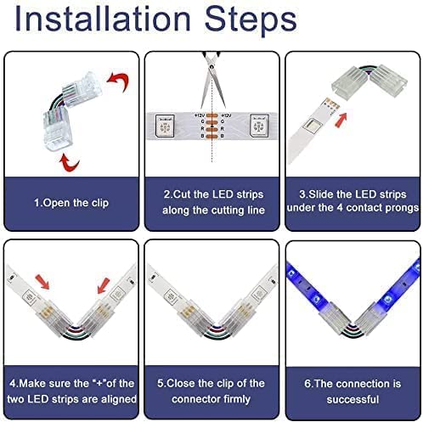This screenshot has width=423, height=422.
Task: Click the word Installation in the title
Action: coord(103,20)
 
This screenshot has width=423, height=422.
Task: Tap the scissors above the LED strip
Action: coord(212,79)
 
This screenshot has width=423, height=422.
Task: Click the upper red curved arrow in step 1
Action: coord(118,81)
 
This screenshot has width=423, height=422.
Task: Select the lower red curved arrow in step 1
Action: coord(69,163)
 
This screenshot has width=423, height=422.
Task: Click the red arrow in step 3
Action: coord(341,120)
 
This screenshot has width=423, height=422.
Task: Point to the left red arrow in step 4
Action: coord(42,282)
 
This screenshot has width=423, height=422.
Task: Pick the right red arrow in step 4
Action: coord(104,285)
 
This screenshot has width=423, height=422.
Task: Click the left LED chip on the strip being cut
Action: coord(165,126)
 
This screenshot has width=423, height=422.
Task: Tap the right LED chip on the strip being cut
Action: coord(259,126)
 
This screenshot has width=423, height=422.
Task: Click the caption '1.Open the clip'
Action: coord(71,203)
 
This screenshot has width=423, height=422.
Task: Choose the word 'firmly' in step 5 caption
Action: coord(237,399)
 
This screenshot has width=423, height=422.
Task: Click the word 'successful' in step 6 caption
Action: coord(352,399)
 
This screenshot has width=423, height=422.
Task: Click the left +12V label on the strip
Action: coord(200,115)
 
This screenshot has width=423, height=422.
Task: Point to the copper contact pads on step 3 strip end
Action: coord(332,104)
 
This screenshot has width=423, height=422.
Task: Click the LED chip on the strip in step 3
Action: coord(313,125)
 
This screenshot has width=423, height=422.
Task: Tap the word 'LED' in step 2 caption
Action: coord(223,194)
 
